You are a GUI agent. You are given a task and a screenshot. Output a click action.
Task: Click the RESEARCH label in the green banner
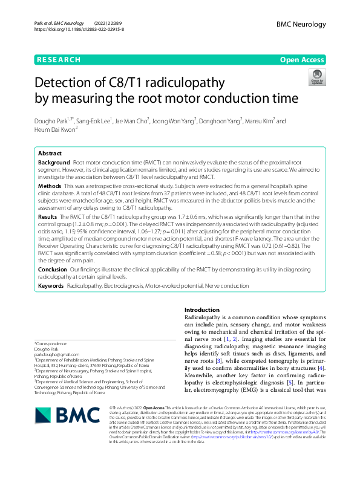[x=59, y=60]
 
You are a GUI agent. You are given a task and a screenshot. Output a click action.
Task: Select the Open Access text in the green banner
[x=304, y=60]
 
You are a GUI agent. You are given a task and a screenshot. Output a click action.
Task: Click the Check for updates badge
[x=316, y=77]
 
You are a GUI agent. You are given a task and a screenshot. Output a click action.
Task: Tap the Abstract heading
[x=50, y=154]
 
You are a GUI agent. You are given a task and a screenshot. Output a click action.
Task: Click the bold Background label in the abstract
[x=54, y=163]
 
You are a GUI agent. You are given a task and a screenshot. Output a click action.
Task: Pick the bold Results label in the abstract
[x=48, y=216]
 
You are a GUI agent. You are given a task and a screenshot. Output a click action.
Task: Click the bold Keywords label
[x=51, y=285]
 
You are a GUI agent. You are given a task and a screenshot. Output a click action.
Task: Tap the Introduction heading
[x=202, y=310]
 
